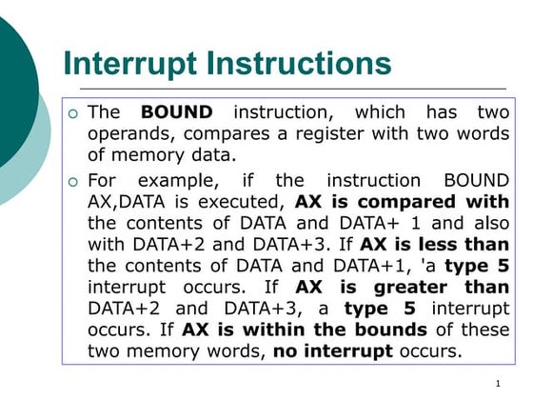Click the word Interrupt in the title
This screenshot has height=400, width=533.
pos(129,64)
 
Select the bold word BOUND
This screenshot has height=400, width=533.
pos(177,112)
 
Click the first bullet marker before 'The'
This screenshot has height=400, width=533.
pos(73,113)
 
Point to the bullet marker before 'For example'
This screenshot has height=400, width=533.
pos(73,182)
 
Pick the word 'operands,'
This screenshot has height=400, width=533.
pos(131,134)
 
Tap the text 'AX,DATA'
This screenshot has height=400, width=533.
pos(126,202)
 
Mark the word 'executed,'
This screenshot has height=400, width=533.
pos(241,202)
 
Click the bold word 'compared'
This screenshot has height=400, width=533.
pos(406,203)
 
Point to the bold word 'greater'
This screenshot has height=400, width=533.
pos(410,289)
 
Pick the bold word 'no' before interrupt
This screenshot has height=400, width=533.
pos(286,352)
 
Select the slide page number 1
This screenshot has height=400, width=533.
pos(498,384)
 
